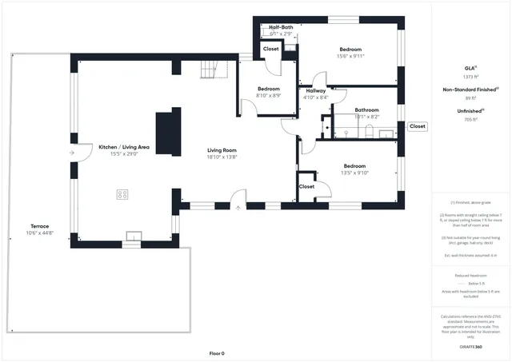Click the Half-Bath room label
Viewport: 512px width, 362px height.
pyautogui.click(x=280, y=27)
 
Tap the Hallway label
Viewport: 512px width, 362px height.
pyautogui.click(x=316, y=91)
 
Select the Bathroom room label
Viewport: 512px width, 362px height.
pyautogui.click(x=366, y=109)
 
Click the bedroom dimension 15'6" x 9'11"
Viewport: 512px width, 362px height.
pyautogui.click(x=350, y=56)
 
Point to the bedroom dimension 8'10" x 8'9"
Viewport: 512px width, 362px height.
pyautogui.click(x=268, y=95)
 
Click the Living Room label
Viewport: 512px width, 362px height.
pyautogui.click(x=222, y=150)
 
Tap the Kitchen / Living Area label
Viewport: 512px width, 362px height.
pyautogui.click(x=124, y=147)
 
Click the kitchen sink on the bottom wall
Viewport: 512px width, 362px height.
pyautogui.click(x=134, y=235)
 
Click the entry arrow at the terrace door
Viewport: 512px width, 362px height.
pyautogui.click(x=72, y=152)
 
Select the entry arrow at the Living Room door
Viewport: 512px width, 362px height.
pyautogui.click(x=238, y=208)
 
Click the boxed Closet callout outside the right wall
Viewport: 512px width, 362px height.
pyautogui.click(x=418, y=126)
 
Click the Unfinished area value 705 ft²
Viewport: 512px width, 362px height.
pyautogui.click(x=470, y=118)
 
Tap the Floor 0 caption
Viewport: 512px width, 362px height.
pyautogui.click(x=217, y=352)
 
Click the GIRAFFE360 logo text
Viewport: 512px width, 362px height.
pyautogui.click(x=470, y=348)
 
